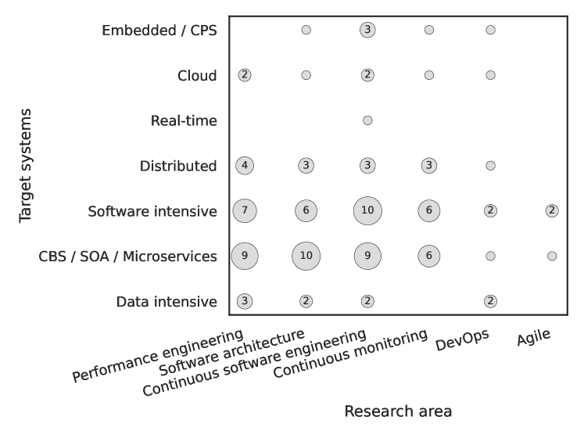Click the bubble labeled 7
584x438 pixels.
tap(245, 210)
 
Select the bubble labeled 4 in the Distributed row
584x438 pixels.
tap(245, 165)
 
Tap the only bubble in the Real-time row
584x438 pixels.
tap(367, 120)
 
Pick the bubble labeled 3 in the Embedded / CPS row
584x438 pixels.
tap(367, 30)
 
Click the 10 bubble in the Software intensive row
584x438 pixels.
tap(367, 210)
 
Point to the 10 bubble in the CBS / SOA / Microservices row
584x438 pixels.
tap(306, 256)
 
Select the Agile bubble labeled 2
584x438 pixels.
tap(552, 210)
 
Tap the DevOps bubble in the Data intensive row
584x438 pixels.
tap(490, 301)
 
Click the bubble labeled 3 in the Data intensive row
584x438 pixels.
tap(245, 301)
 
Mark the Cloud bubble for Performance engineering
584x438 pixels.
tap(245, 75)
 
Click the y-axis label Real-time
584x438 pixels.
tap(184, 121)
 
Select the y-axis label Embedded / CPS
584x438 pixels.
tap(159, 31)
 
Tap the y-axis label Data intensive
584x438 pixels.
tap(166, 302)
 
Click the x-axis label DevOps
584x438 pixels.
tap(464, 336)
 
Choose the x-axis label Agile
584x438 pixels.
tap(533, 336)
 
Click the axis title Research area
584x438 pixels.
tap(398, 411)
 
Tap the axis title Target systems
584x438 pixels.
tap(26, 165)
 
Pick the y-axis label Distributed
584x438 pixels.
tap(177, 166)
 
